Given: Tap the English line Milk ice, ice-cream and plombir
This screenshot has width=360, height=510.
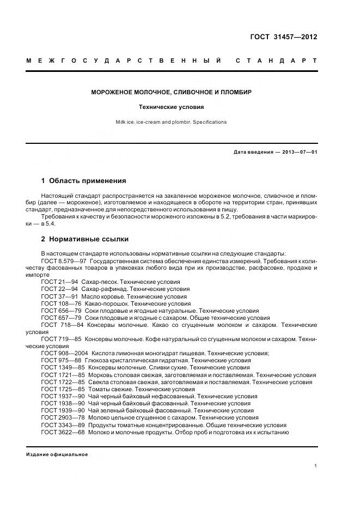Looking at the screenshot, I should coord(171,122).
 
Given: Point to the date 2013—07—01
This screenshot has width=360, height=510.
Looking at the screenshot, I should coord(298,152).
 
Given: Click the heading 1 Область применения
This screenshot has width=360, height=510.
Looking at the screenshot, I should coord(83,180).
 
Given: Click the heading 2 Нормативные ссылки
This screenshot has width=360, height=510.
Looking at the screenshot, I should coord(85,239).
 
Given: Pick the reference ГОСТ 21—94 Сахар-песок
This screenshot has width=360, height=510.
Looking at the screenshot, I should coord(59,282).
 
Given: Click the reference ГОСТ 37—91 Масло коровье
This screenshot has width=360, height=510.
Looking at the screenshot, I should coord(59,296).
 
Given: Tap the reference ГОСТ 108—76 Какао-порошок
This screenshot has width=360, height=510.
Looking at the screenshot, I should coord(61,303).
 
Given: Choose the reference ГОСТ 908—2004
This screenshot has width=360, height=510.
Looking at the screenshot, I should coord(65,353).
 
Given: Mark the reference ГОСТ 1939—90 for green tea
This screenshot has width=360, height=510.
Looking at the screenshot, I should coord(63,410).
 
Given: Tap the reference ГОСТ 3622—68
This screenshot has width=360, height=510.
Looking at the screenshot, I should coord(63,432).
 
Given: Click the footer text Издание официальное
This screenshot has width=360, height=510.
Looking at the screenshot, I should coord(57,454).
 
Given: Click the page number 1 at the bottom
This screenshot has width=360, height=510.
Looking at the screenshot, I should coord(315,466).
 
